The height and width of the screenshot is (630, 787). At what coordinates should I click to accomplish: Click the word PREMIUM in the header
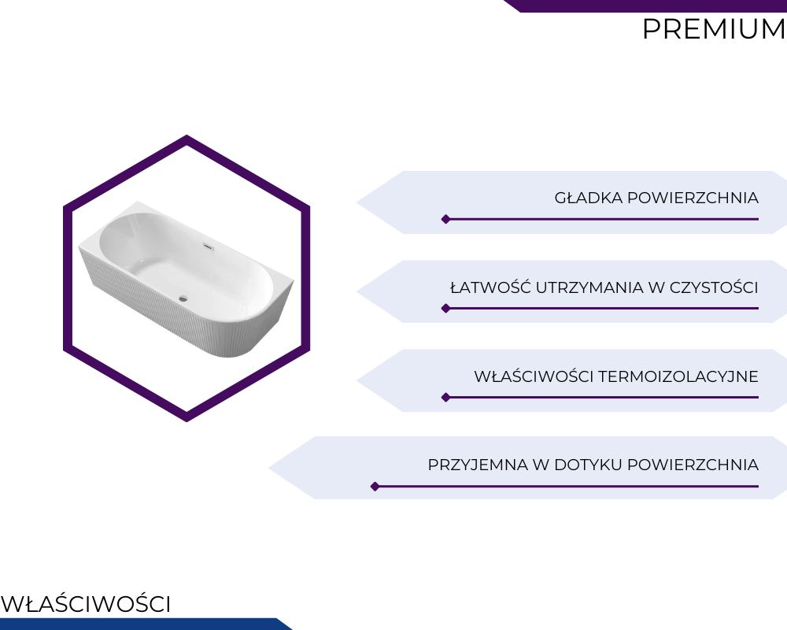coord(714,29)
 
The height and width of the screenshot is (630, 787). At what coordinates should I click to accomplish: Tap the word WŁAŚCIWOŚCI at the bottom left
coord(86,604)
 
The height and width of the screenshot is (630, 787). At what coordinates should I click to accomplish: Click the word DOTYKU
coord(588,465)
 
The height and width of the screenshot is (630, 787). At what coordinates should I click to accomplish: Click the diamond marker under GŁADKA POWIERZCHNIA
coord(445,219)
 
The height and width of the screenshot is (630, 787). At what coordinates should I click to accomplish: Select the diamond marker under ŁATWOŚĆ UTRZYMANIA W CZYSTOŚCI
coord(445,309)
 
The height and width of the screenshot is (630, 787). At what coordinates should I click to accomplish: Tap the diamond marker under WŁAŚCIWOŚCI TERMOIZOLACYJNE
coord(445,398)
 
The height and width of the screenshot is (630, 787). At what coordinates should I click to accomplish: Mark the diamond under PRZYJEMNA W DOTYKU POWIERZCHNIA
coord(375,487)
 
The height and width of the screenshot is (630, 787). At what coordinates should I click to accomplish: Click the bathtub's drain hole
coord(183,298)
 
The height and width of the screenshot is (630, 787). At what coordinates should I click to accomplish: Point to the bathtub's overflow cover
coord(209,246)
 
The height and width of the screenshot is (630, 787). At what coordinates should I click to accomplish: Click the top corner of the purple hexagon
coord(187,135)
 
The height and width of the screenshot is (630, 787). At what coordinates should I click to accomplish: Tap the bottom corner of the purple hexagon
coord(187,421)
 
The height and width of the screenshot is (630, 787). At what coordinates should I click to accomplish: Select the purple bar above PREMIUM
coord(645,6)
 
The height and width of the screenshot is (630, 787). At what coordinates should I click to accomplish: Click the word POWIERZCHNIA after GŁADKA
coord(693,198)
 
